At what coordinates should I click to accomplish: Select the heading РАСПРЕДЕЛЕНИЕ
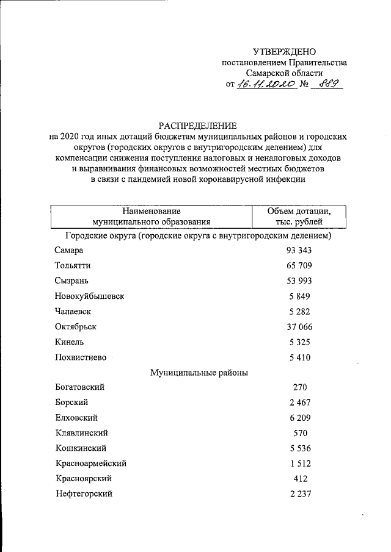point(197,125)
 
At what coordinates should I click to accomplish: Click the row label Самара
point(68,250)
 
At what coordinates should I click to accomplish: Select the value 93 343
point(299,250)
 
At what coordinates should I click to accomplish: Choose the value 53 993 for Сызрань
point(299,281)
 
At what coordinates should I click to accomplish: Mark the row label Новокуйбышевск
point(89,296)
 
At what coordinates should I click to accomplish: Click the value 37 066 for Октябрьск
point(299,326)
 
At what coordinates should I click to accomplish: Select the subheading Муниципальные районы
point(199,372)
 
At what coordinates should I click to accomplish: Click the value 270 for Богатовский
point(299,387)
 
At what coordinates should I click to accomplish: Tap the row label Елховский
point(76,418)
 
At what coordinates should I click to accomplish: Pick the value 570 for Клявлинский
point(299,433)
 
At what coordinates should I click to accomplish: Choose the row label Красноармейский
point(90,464)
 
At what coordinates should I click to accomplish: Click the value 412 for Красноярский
point(299,479)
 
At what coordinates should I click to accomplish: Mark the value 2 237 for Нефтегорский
point(299,494)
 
